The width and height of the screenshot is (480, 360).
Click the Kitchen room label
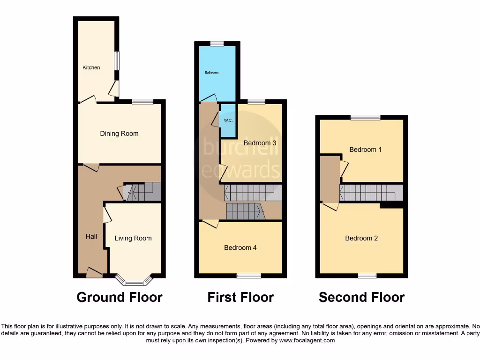(91, 67)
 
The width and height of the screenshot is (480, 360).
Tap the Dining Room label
(119, 134)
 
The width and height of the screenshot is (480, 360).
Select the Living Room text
(133, 238)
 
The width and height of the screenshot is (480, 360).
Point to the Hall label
(91, 236)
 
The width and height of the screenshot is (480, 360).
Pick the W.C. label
(228, 120)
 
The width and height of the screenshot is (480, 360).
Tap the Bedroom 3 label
(260, 143)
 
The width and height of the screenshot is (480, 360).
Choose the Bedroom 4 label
(240, 247)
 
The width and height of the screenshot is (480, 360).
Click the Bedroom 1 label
(366, 150)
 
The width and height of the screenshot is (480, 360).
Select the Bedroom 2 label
(361, 238)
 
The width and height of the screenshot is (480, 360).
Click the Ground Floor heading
(120, 297)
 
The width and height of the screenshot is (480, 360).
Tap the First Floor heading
(240, 297)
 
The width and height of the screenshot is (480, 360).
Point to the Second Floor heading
(361, 297)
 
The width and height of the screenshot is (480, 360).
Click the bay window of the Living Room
(135, 282)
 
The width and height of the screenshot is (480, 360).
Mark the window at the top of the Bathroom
(217, 44)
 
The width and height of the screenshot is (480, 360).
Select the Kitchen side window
(117, 61)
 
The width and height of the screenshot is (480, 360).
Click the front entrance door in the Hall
(94, 273)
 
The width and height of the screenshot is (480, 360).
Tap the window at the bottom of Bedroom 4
(249, 276)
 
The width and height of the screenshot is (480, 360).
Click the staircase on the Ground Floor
(143, 192)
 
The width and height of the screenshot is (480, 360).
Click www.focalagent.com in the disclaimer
(307, 341)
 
